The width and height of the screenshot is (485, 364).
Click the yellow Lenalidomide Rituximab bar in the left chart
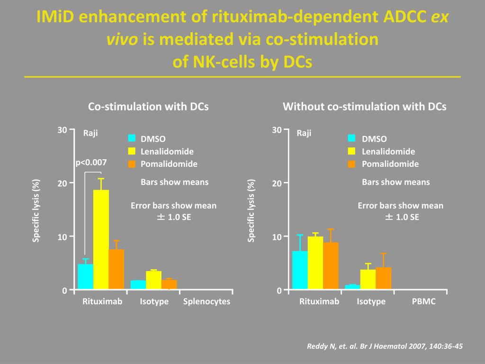pos(101,239)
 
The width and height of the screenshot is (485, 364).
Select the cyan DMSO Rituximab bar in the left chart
pos(85,276)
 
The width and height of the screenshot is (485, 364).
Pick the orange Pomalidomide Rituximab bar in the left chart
pos(117,269)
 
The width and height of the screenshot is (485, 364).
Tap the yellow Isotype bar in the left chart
pos(154,280)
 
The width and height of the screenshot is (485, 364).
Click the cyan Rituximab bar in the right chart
pos(300,270)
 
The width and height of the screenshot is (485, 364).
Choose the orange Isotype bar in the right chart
pos(384,278)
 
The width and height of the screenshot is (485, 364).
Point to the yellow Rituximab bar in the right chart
pos(315,263)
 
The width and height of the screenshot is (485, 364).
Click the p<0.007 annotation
pos(91,163)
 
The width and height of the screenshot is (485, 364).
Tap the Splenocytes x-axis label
pos(207,301)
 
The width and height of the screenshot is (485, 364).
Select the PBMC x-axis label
pos(424,301)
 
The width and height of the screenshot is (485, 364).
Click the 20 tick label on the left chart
pos(62,183)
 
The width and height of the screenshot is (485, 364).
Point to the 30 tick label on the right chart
pos(277,130)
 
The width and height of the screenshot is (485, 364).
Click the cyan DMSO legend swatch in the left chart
pos(132,138)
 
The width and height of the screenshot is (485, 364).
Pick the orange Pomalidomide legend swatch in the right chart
pos(351,164)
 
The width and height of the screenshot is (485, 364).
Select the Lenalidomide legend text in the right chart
pos(388,151)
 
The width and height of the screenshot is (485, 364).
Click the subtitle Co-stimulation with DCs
pos(148,107)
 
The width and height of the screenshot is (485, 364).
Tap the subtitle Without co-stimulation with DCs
pos(365,107)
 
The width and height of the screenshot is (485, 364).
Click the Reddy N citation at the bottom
pos(385,346)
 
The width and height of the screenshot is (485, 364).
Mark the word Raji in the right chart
pos(304,133)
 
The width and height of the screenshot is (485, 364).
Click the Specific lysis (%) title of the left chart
pos(36,210)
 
